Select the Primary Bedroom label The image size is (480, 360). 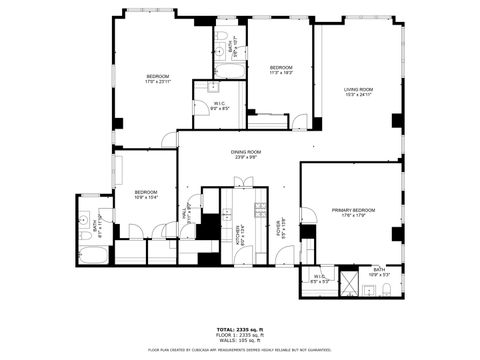(354, 210)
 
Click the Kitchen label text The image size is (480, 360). (239, 235)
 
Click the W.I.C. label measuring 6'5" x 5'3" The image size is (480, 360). (319, 279)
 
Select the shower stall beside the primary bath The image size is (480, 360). (350, 282)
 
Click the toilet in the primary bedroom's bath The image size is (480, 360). (385, 291)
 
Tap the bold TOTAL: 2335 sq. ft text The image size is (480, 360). (239, 328)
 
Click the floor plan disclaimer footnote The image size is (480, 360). (239, 349)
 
